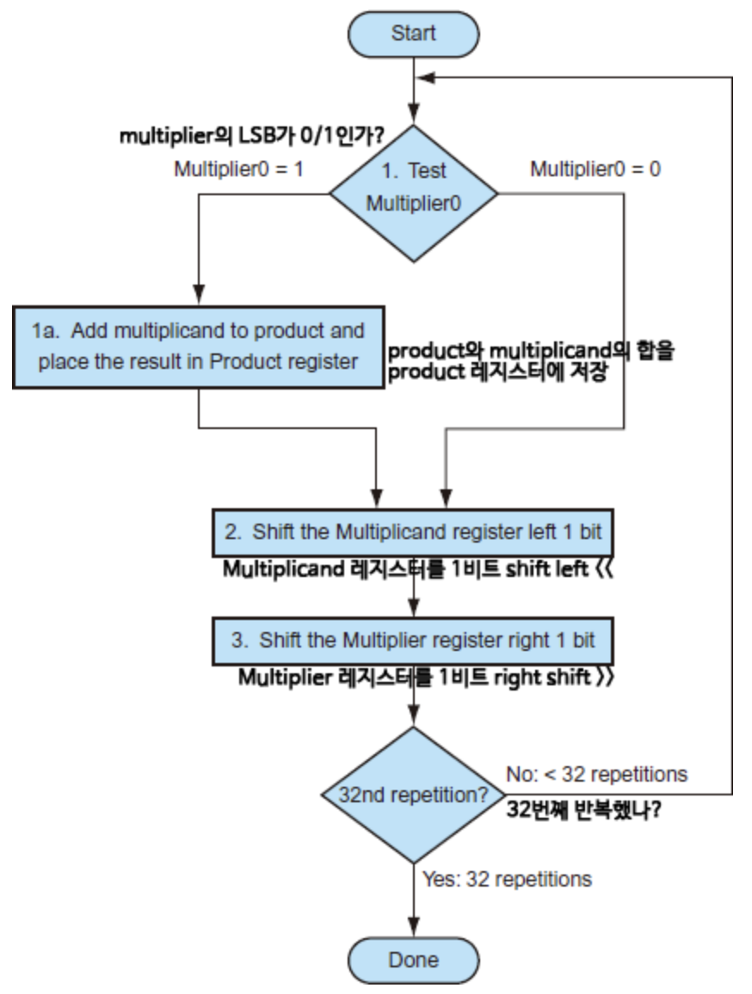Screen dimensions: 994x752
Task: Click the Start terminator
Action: tap(414, 34)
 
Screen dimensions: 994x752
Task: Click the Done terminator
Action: tap(414, 959)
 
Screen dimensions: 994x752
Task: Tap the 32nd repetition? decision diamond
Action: tap(414, 795)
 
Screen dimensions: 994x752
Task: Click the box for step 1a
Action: tap(197, 346)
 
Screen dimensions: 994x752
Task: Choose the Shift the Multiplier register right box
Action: tap(415, 641)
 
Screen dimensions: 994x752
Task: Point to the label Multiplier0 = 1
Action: tap(239, 169)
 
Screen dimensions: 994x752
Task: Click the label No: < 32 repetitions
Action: tap(596, 774)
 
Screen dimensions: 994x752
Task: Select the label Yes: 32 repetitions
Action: tap(507, 879)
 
